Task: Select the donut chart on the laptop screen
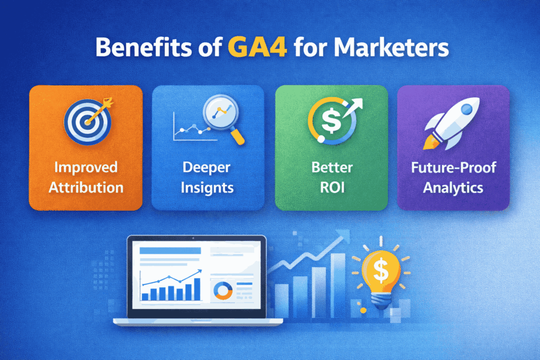click(x=221, y=289)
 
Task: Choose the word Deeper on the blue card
click(x=208, y=169)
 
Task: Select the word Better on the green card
click(x=331, y=169)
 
